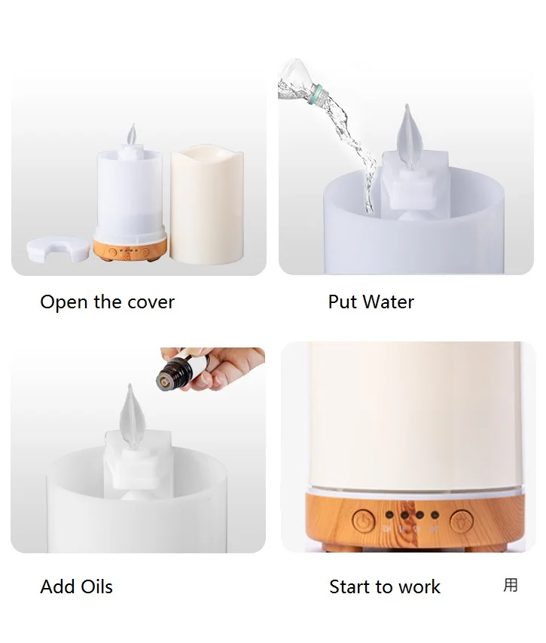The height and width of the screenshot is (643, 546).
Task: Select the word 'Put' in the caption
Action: coord(342,302)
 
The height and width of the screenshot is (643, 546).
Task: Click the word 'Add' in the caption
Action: coord(56,586)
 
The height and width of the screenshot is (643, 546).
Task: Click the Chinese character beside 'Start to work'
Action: coord(511,585)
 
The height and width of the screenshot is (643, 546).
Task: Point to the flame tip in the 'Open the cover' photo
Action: coord(133,136)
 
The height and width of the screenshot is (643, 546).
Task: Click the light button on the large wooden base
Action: coord(461,520)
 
